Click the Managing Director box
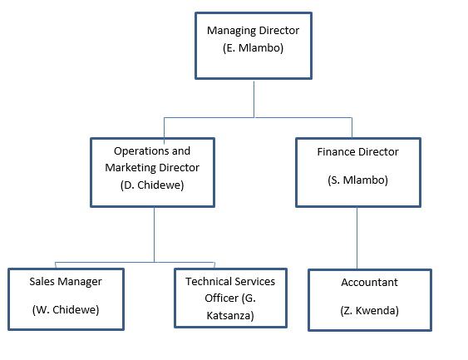coord(254,46)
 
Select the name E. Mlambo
coord(253,47)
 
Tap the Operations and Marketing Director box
coord(152,172)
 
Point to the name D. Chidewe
coord(152,185)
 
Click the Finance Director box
coord(358,172)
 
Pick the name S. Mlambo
coord(358,180)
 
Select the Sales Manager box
coord(66,299)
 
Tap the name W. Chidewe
coord(66,309)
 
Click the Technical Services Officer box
coord(231,298)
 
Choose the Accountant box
coord(370,300)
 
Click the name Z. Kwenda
coord(370,310)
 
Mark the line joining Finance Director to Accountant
coord(357,238)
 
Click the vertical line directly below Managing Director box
coord(254,98)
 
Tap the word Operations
coord(140,151)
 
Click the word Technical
coord(204,281)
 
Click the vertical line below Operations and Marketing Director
coord(154,235)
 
